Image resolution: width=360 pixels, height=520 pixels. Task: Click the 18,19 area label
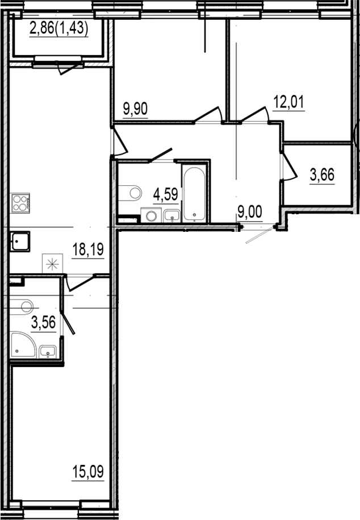(88, 249)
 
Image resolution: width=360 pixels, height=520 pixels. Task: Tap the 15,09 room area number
(88, 471)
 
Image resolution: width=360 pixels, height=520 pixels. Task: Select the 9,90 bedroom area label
(135, 109)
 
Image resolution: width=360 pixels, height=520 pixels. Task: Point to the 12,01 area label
(288, 102)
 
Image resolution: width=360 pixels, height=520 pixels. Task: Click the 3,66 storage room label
(322, 175)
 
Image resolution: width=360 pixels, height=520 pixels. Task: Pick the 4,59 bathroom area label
(166, 194)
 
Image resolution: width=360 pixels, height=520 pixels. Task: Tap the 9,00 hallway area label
(250, 212)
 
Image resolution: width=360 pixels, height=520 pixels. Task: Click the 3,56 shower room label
(43, 322)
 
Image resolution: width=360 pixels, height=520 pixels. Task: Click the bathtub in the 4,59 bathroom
(194, 193)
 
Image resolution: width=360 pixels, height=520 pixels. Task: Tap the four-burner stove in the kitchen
(20, 203)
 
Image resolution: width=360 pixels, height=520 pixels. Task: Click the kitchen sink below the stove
(20, 242)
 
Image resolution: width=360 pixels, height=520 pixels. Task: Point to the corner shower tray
(23, 345)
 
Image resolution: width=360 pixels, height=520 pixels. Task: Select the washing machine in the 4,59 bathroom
(151, 215)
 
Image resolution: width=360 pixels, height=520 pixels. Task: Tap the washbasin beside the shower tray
(48, 352)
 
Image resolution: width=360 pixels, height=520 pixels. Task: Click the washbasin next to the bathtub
(171, 215)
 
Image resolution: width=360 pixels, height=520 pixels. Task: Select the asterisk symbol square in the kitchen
(52, 264)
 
